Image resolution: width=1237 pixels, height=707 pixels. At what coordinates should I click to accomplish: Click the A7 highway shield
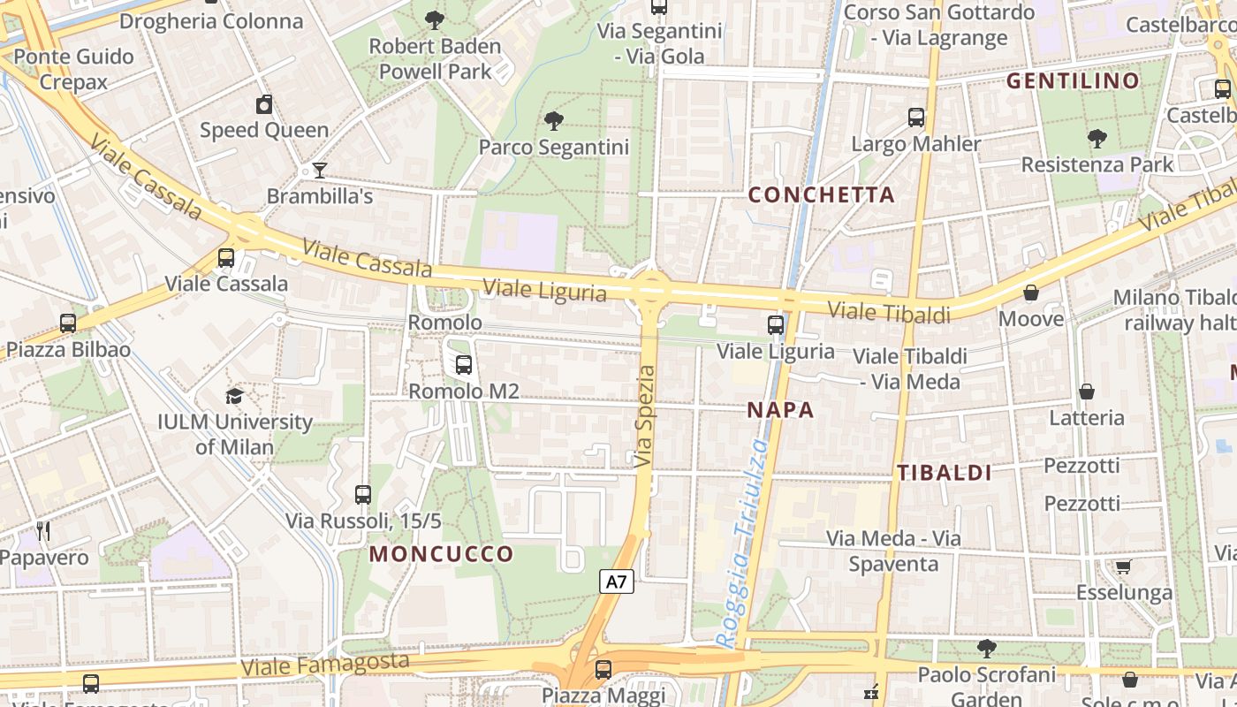tap(617, 582)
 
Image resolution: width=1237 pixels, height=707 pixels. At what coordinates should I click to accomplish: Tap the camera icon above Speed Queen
tap(264, 105)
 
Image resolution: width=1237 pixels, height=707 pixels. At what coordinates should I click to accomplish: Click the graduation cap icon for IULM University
tap(234, 396)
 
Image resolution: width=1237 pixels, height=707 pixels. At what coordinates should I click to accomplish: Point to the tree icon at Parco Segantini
tap(554, 121)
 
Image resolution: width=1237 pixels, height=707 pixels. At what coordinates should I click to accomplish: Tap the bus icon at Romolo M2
tap(463, 364)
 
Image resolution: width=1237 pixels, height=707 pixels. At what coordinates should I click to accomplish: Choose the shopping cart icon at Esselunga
tap(1123, 566)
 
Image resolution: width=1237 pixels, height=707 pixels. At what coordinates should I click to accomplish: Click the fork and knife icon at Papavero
tap(42, 531)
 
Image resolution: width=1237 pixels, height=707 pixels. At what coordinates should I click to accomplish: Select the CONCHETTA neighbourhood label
tap(821, 194)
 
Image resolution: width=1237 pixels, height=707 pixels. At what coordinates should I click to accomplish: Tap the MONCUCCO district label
tap(441, 554)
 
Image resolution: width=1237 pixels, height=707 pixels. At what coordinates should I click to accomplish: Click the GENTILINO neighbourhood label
tap(1073, 81)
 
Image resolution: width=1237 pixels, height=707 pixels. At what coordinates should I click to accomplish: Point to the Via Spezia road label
tap(646, 416)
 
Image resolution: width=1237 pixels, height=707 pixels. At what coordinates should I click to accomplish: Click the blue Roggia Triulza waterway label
tap(742, 544)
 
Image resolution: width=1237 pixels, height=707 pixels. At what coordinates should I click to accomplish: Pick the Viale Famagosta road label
tap(325, 664)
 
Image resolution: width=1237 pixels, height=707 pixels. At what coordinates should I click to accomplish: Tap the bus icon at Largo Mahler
tap(916, 117)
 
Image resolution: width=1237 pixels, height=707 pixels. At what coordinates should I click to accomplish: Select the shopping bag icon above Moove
tap(1030, 293)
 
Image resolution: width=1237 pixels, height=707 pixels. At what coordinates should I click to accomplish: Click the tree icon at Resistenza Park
tap(1097, 139)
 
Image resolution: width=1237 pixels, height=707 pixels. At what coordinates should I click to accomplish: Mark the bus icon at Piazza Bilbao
tap(68, 323)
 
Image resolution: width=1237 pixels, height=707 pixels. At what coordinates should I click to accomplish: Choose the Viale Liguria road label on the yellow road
tap(545, 289)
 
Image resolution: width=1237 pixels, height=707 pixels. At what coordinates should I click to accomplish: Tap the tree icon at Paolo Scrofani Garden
tap(986, 650)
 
